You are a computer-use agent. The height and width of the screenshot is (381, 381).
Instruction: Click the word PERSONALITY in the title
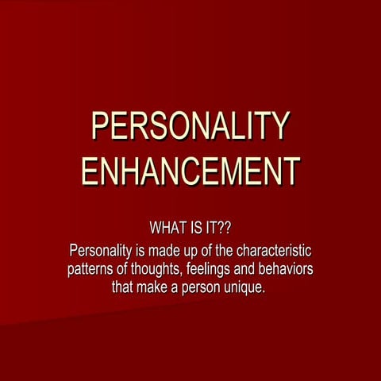[x=190, y=127]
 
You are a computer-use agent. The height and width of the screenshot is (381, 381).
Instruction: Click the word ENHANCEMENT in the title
[x=190, y=170]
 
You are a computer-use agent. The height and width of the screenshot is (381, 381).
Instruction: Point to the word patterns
[x=92, y=269]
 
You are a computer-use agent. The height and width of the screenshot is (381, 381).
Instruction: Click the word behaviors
[x=291, y=269]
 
